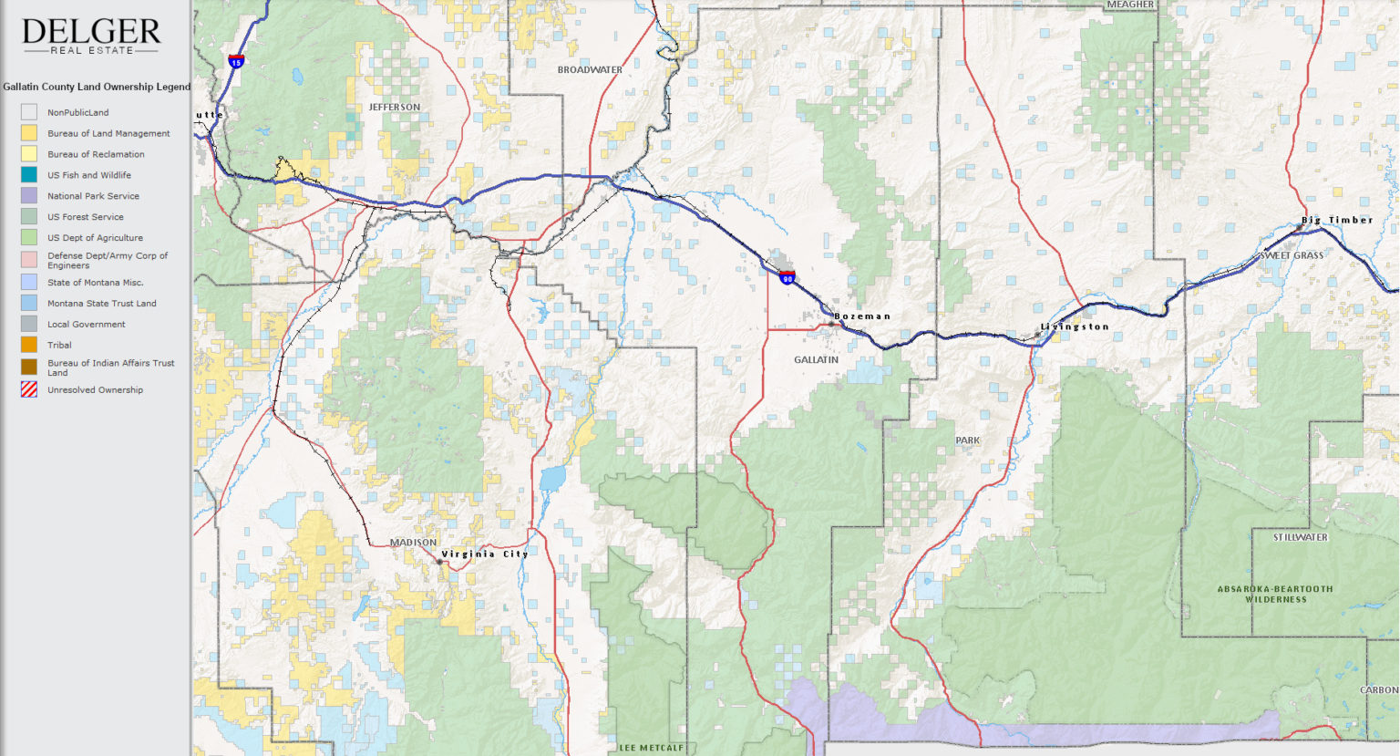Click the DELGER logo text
click(x=91, y=32)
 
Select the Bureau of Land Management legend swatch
click(x=29, y=133)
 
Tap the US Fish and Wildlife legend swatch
click(x=29, y=175)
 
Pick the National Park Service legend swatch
click(x=29, y=196)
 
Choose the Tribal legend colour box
click(x=29, y=345)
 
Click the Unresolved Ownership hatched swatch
click(x=29, y=389)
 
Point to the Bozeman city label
click(x=862, y=316)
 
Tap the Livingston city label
click(x=1075, y=326)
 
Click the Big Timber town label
click(x=1337, y=220)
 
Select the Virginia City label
click(x=484, y=554)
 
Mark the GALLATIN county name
click(x=816, y=359)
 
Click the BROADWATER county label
click(x=590, y=69)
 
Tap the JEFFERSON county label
click(x=395, y=107)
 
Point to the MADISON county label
click(x=413, y=543)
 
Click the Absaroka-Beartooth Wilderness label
click(x=1275, y=594)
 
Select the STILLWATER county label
click(x=1301, y=537)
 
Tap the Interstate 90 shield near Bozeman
click(x=787, y=276)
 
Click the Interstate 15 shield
click(x=236, y=62)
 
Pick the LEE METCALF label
click(x=652, y=748)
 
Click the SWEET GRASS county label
click(x=1292, y=255)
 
